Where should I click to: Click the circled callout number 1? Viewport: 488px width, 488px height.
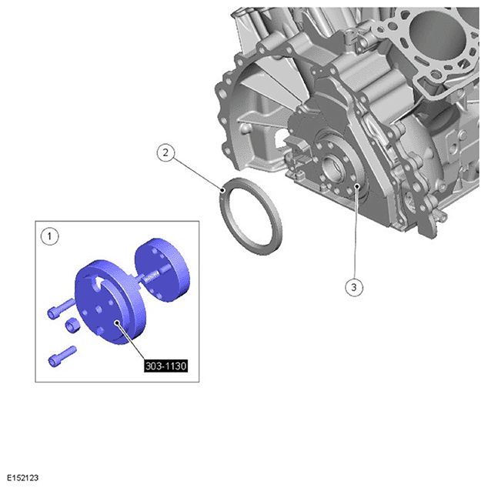point(49,236)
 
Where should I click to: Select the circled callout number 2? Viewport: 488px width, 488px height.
point(165,152)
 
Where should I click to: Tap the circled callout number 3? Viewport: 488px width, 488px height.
point(354,287)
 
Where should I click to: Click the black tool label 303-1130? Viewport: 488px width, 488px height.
point(166,366)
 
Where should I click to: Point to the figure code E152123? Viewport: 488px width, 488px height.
point(22,477)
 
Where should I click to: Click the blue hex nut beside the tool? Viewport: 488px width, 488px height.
point(72,326)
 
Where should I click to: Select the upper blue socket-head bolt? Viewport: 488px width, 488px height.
point(62,309)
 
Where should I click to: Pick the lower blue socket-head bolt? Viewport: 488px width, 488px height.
point(62,356)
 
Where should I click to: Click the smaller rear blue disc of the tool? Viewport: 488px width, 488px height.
point(162,270)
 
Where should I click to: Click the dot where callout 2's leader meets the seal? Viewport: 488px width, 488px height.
point(222,190)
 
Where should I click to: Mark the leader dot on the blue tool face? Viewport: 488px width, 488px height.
point(116,323)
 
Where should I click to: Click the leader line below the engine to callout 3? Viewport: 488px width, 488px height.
point(356,232)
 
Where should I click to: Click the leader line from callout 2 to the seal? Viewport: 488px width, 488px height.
point(197,174)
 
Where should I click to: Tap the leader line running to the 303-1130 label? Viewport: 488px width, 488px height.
point(131,342)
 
